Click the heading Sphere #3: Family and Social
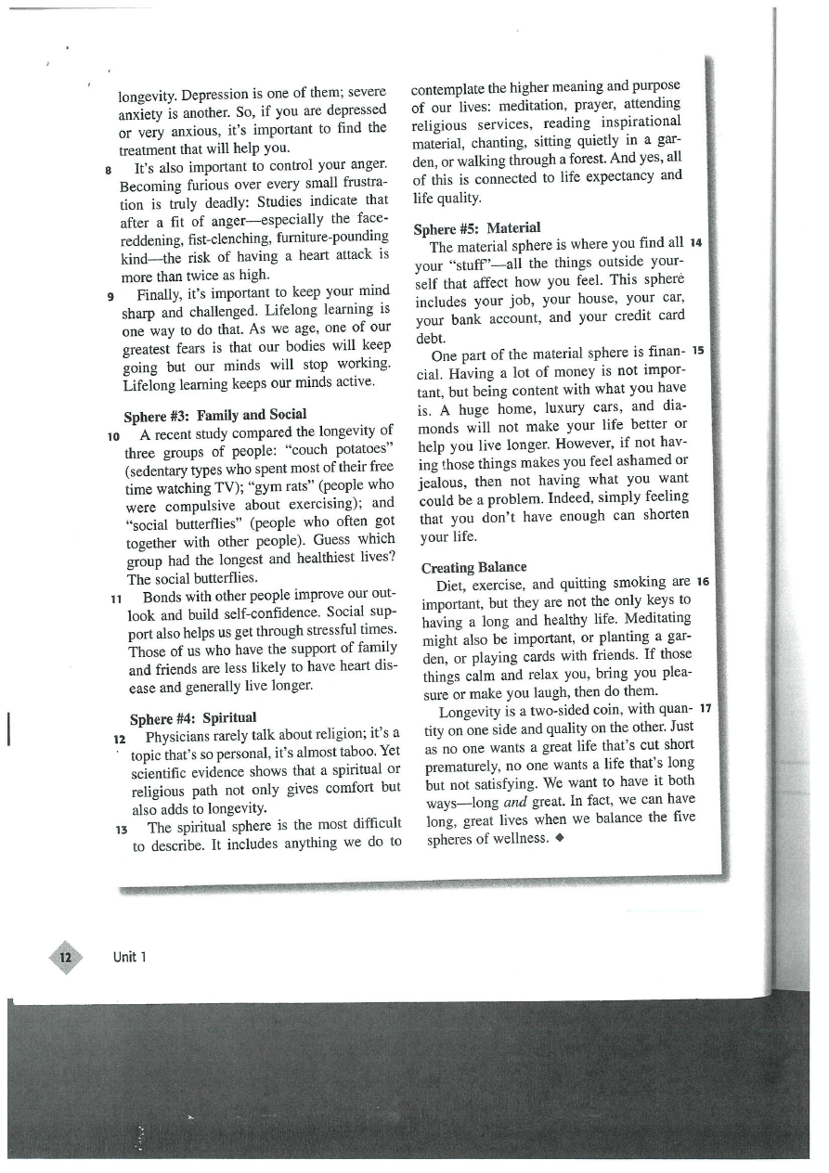click(x=214, y=414)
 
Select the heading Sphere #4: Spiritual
click(x=193, y=717)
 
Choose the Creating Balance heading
click(x=473, y=566)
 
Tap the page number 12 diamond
click(x=64, y=956)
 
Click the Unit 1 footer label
click(x=130, y=957)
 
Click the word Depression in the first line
click(x=212, y=94)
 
